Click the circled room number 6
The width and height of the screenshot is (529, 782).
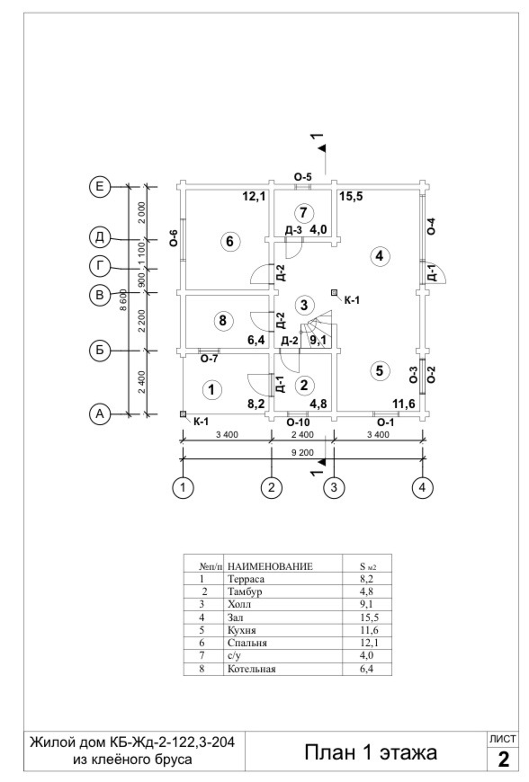(x=229, y=242)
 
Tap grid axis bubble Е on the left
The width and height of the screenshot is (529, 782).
(x=100, y=187)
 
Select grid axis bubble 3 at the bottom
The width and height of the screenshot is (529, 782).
(x=334, y=487)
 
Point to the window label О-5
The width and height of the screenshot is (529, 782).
(x=303, y=177)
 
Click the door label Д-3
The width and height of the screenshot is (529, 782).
(x=293, y=230)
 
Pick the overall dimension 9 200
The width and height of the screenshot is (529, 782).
(x=303, y=453)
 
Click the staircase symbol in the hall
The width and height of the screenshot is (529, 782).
(x=317, y=329)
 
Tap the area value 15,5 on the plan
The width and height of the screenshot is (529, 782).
(x=352, y=197)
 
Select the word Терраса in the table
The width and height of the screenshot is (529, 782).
(x=246, y=579)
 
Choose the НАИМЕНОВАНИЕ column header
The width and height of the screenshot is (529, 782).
(x=270, y=566)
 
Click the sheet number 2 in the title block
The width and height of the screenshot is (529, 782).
(x=503, y=759)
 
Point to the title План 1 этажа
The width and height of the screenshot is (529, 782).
(x=371, y=752)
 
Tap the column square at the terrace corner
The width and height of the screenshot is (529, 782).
(x=184, y=414)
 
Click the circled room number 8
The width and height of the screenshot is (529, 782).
(x=222, y=320)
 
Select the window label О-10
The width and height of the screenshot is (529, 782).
(x=298, y=423)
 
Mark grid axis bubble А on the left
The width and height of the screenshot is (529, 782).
(x=100, y=414)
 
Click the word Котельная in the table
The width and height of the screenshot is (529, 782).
(x=252, y=669)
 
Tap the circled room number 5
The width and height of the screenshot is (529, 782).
(x=380, y=370)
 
